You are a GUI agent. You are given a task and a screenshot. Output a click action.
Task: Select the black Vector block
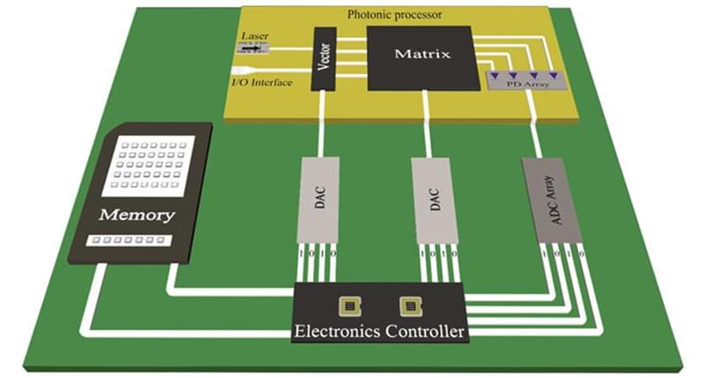(324, 59)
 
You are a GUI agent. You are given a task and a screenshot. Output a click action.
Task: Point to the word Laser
(254, 37)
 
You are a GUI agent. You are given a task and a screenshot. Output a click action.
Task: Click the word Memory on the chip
(137, 215)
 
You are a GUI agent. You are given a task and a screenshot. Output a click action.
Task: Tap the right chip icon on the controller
(409, 305)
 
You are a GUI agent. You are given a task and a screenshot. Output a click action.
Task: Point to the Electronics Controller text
(379, 332)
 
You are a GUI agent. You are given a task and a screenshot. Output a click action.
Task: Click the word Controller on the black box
(426, 332)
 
